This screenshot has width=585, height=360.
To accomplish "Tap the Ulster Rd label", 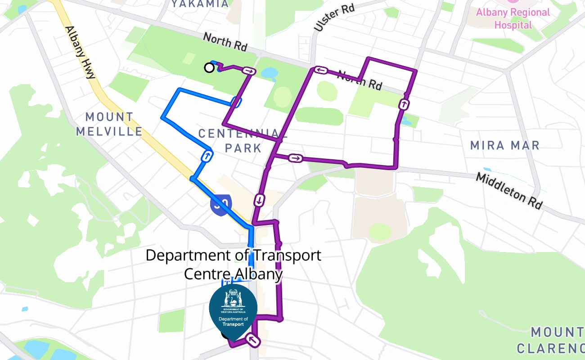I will (334, 18).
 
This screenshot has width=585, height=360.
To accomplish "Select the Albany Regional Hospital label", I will (513, 18).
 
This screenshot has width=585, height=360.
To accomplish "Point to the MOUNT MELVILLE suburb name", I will (109, 125).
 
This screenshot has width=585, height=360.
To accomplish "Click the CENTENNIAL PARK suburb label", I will (243, 140).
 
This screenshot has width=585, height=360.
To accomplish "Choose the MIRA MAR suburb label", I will (504, 145).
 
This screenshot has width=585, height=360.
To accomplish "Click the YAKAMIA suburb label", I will (200, 4).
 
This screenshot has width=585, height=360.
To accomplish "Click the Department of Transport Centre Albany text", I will (233, 264).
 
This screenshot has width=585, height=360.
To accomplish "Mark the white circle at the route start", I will (209, 67).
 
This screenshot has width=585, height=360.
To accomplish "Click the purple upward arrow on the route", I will (404, 105).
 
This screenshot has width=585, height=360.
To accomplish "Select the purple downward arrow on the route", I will (260, 199).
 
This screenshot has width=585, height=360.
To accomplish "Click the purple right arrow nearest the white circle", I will (249, 71).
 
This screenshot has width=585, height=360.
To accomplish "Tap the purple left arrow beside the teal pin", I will (253, 341).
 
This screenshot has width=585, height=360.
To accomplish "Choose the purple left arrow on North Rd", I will (320, 70).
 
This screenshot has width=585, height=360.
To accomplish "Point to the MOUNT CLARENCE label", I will (553, 340).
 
